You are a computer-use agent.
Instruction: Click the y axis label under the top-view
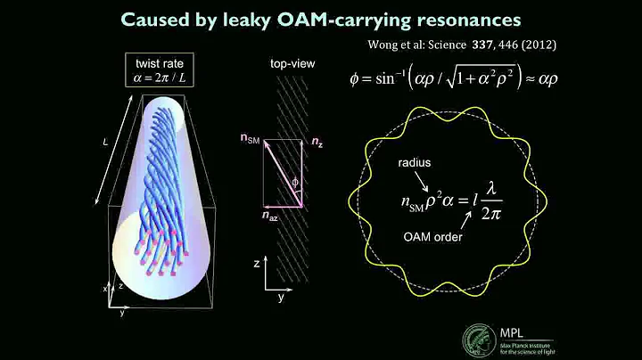(281, 297)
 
